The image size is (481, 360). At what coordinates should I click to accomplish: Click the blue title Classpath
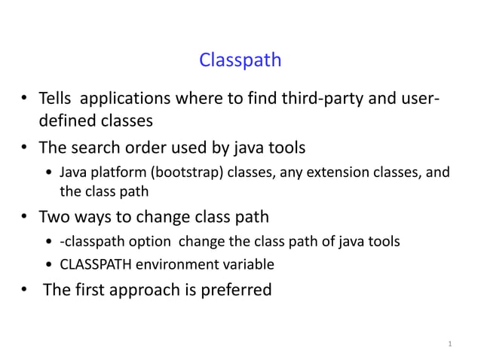(240, 59)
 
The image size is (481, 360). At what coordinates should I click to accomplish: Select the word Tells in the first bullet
(57, 99)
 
